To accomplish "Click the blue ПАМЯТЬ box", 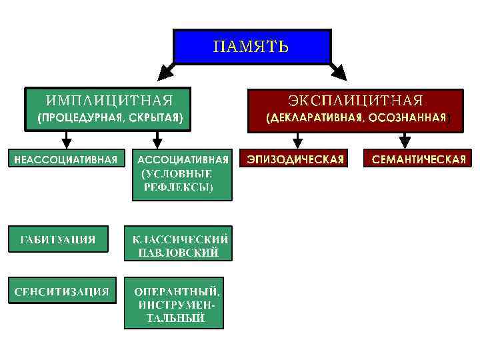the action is pyautogui.click(x=251, y=47).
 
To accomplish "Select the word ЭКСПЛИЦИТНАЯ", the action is pyautogui.click(x=355, y=101).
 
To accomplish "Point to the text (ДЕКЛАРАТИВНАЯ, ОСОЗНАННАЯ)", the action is pyautogui.click(x=355, y=118).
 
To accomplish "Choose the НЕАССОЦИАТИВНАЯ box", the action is pyautogui.click(x=67, y=159).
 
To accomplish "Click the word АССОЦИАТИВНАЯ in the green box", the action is pyautogui.click(x=183, y=159).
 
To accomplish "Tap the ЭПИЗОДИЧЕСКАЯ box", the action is pyautogui.click(x=296, y=159).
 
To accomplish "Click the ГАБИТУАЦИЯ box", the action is pyautogui.click(x=57, y=239).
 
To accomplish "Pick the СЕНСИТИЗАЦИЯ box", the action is pyautogui.click(x=62, y=291).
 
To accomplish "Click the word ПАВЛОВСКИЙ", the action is pyautogui.click(x=178, y=253).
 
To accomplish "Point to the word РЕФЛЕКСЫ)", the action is pyautogui.click(x=178, y=188).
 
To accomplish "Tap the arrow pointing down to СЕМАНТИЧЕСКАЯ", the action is pyautogui.click(x=404, y=140).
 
